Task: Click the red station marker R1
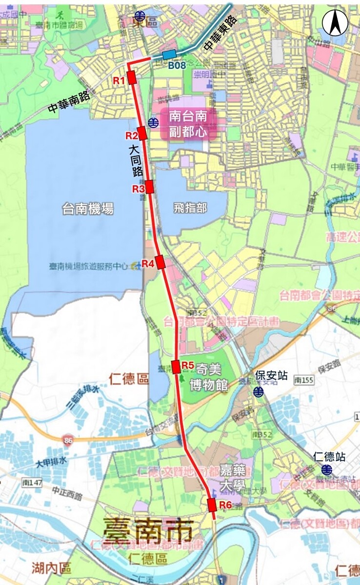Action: (132, 78)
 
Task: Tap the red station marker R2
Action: (142, 134)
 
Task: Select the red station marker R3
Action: (150, 187)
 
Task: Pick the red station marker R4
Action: (160, 262)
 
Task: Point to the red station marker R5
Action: (176, 366)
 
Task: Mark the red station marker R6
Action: (212, 505)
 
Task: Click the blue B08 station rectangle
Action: (169, 55)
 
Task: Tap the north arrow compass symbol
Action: (335, 23)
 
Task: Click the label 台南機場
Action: (88, 209)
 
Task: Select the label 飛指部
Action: (190, 208)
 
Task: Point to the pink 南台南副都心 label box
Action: (188, 124)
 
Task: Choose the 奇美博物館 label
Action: (208, 378)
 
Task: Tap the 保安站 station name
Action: (272, 376)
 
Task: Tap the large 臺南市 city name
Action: (147, 530)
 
